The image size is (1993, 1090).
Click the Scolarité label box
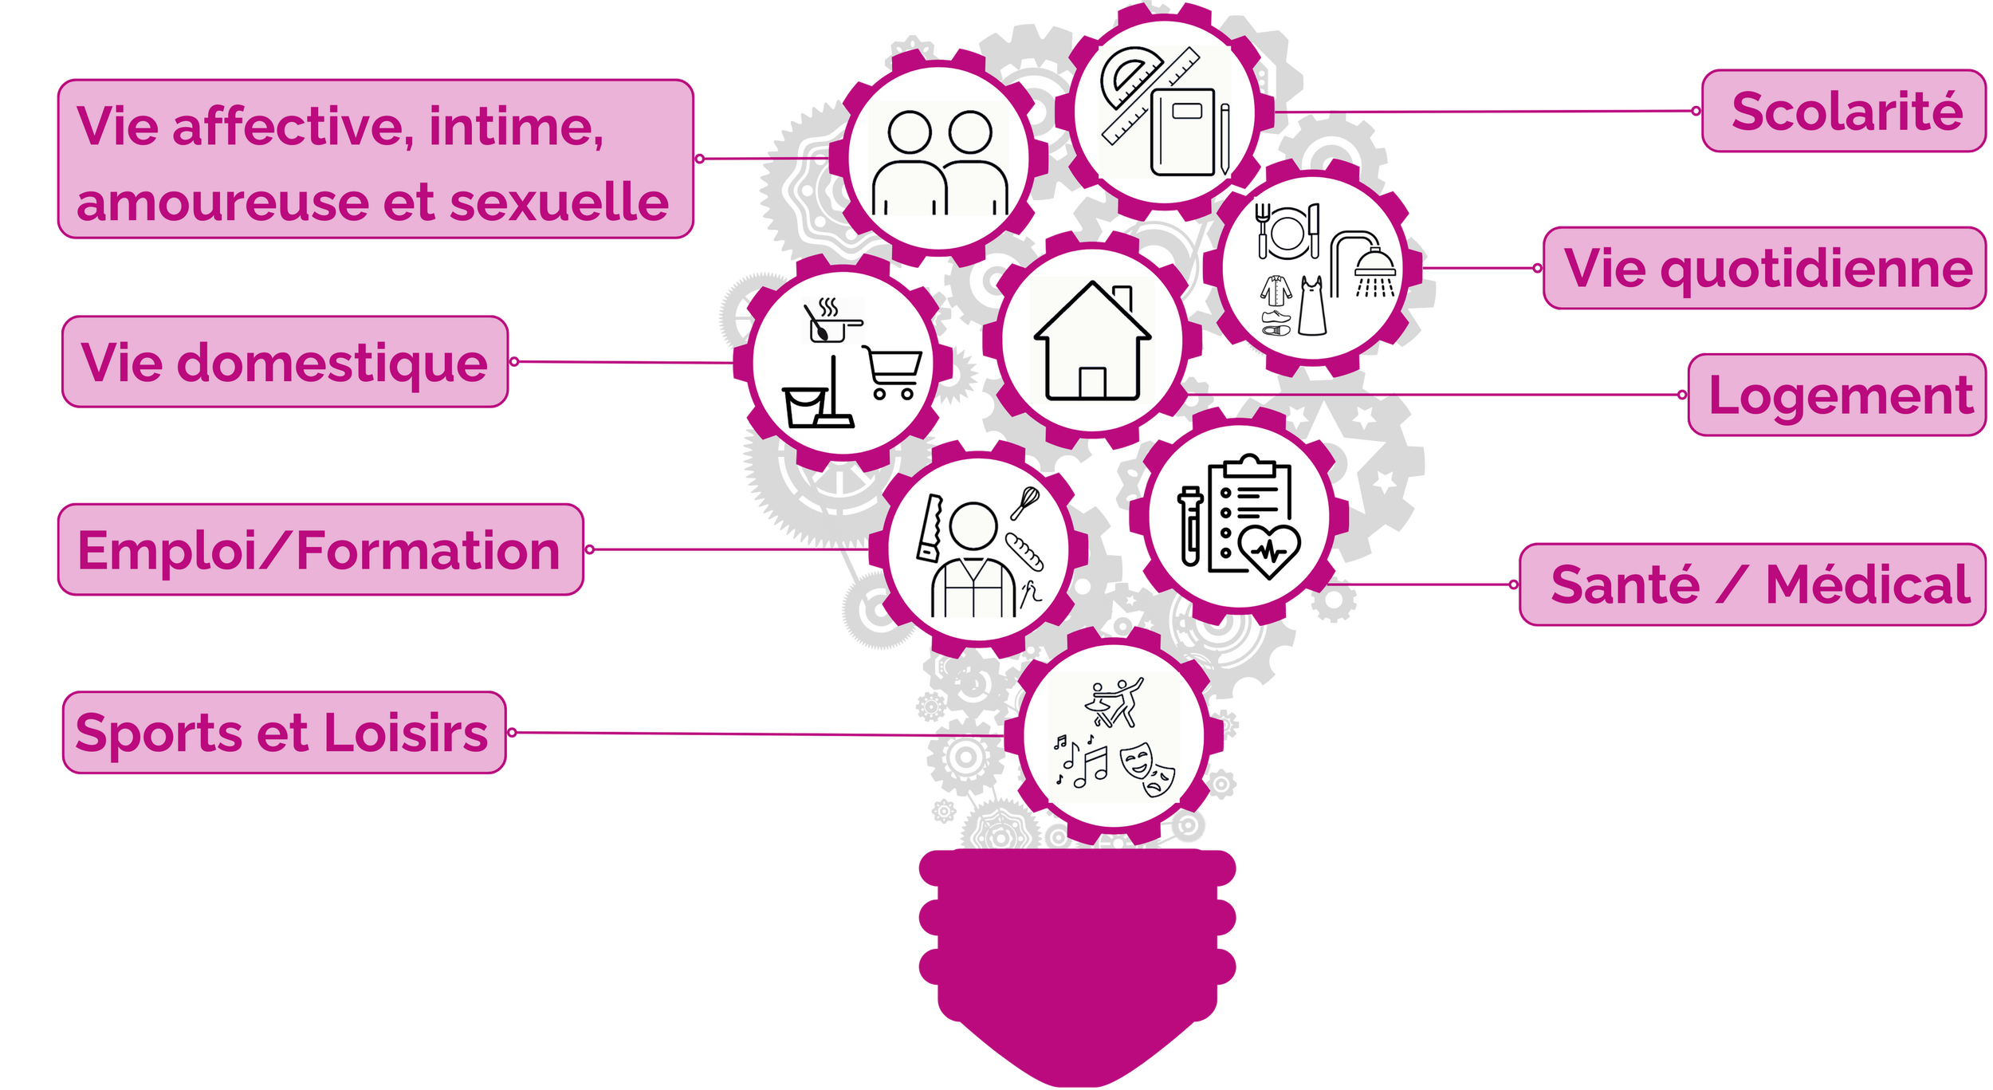(1843, 111)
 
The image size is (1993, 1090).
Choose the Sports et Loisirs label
(284, 733)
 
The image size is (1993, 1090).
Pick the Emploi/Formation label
(320, 549)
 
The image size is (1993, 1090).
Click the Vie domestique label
(285, 362)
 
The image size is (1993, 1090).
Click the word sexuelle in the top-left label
(558, 202)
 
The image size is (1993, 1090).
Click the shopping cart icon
(893, 372)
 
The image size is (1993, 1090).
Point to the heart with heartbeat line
(1271, 550)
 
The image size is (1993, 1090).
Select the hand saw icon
(930, 529)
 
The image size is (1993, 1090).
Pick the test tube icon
(1189, 526)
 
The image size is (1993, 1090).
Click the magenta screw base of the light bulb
(1078, 957)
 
